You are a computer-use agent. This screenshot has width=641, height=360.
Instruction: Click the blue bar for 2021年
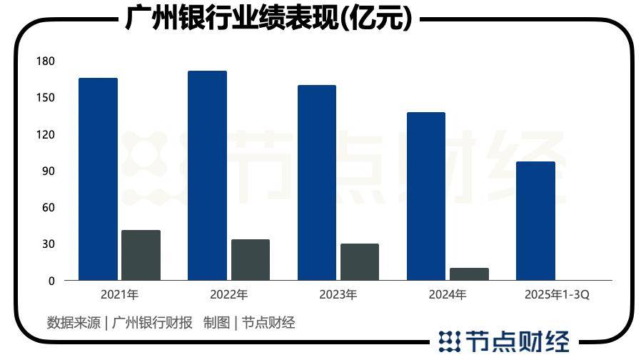[98, 179]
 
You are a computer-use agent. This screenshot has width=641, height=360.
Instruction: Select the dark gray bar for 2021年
[141, 255]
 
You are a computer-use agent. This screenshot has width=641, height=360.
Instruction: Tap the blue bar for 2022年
[207, 175]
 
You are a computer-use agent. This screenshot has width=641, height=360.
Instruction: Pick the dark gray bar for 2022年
[250, 259]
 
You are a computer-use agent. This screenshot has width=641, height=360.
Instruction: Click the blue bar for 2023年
[316, 182]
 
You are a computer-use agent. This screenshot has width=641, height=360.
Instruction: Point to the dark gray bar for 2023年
[359, 261]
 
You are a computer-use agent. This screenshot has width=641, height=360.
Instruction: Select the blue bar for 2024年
[425, 196]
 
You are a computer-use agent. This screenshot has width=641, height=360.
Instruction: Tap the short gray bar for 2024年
[469, 274]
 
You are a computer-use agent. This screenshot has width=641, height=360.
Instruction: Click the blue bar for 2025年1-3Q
[535, 221]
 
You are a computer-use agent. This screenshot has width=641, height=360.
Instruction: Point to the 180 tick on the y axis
[45, 61]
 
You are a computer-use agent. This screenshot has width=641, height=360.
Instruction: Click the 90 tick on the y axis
[48, 171]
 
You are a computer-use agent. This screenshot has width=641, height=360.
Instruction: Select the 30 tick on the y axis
[48, 244]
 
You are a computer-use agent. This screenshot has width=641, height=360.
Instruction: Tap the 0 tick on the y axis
[51, 281]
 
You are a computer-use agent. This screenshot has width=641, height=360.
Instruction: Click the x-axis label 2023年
[338, 294]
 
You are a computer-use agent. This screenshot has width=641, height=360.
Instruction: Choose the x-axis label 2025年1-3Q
[557, 294]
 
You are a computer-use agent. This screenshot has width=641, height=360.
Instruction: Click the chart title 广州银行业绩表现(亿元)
[268, 18]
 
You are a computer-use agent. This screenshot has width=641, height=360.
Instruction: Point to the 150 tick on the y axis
[45, 98]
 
